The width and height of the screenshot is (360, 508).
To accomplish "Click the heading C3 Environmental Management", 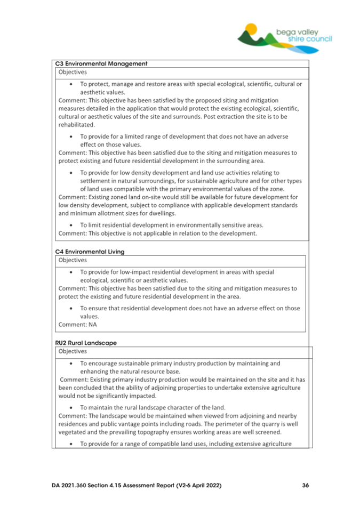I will click(101, 64).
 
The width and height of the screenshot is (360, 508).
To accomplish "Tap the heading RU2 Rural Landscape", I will click(86, 342).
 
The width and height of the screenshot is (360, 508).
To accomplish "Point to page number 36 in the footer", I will click(306, 485).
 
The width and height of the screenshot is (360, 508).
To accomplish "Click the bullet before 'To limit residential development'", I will click(71, 224).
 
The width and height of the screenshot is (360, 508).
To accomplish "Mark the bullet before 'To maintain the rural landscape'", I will click(71, 407).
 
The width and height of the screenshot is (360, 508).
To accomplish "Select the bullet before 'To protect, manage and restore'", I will click(71, 84).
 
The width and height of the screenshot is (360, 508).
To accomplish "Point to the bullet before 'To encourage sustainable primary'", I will click(71, 364).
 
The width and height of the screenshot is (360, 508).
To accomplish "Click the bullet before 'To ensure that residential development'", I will click(71, 308).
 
